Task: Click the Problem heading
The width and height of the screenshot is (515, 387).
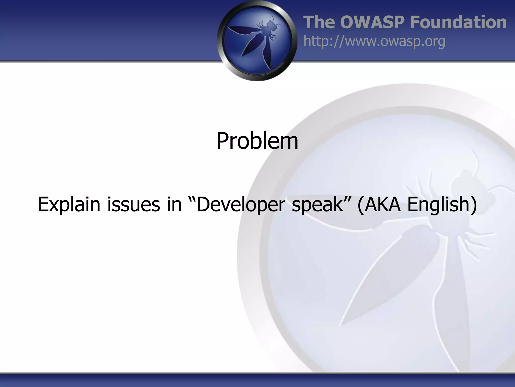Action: tap(257, 141)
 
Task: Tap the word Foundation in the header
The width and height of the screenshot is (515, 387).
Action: tap(458, 22)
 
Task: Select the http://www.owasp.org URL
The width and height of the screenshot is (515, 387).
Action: tap(374, 41)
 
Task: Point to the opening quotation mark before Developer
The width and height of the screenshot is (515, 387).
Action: tap(192, 199)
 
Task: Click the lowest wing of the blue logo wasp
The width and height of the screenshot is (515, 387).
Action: tap(267, 55)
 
